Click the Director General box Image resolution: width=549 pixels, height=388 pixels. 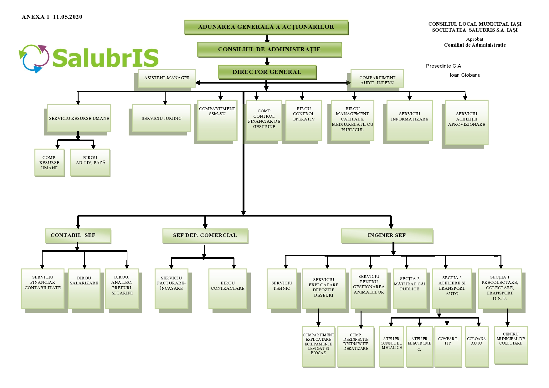coord(267,72)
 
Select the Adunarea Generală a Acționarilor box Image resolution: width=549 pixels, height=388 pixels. coord(266,27)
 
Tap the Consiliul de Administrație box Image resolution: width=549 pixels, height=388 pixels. coord(269,49)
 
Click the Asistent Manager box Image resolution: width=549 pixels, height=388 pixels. coord(167,78)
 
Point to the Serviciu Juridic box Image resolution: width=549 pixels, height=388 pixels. coord(162,118)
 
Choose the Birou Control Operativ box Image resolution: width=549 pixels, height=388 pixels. coord(304,120)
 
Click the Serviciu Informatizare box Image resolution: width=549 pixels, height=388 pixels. coord(410,120)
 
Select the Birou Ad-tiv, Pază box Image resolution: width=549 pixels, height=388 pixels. coord(90,163)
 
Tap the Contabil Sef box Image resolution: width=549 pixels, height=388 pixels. coord(78,236)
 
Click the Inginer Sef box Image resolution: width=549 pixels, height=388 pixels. coord(387,236)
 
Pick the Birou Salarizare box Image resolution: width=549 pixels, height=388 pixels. coord(84,289)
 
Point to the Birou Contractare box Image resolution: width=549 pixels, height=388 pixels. coord(228,289)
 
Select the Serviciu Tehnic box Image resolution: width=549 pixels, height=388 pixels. coord(282,289)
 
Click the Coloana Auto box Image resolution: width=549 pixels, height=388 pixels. coord(477,346)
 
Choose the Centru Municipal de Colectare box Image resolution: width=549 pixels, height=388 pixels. coord(511,345)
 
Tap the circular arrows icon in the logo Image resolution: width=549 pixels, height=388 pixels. coord(34,59)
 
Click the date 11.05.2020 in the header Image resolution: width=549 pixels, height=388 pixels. coord(68,17)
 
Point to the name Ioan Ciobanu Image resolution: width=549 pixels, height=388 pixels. coord(465,75)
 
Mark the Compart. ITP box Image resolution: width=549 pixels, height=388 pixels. coord(448,346)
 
